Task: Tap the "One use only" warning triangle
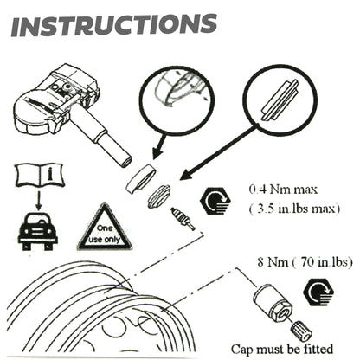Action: pos(104,229)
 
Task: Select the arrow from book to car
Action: pos(36,208)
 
